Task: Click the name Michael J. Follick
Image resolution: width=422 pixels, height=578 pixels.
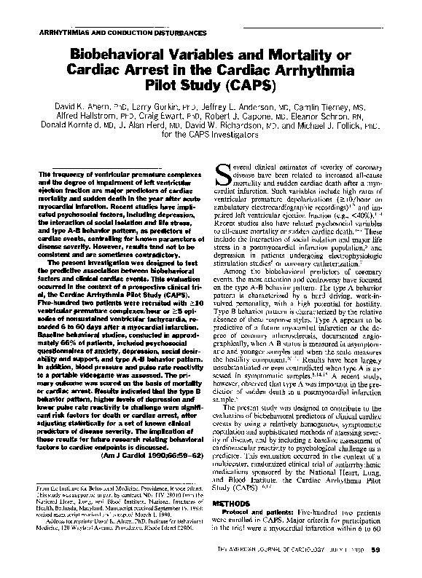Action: pyautogui.click(x=329, y=124)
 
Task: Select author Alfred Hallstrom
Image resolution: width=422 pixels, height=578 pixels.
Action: pyautogui.click(x=87, y=115)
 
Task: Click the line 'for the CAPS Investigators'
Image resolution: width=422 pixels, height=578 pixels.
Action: pyautogui.click(x=210, y=134)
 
